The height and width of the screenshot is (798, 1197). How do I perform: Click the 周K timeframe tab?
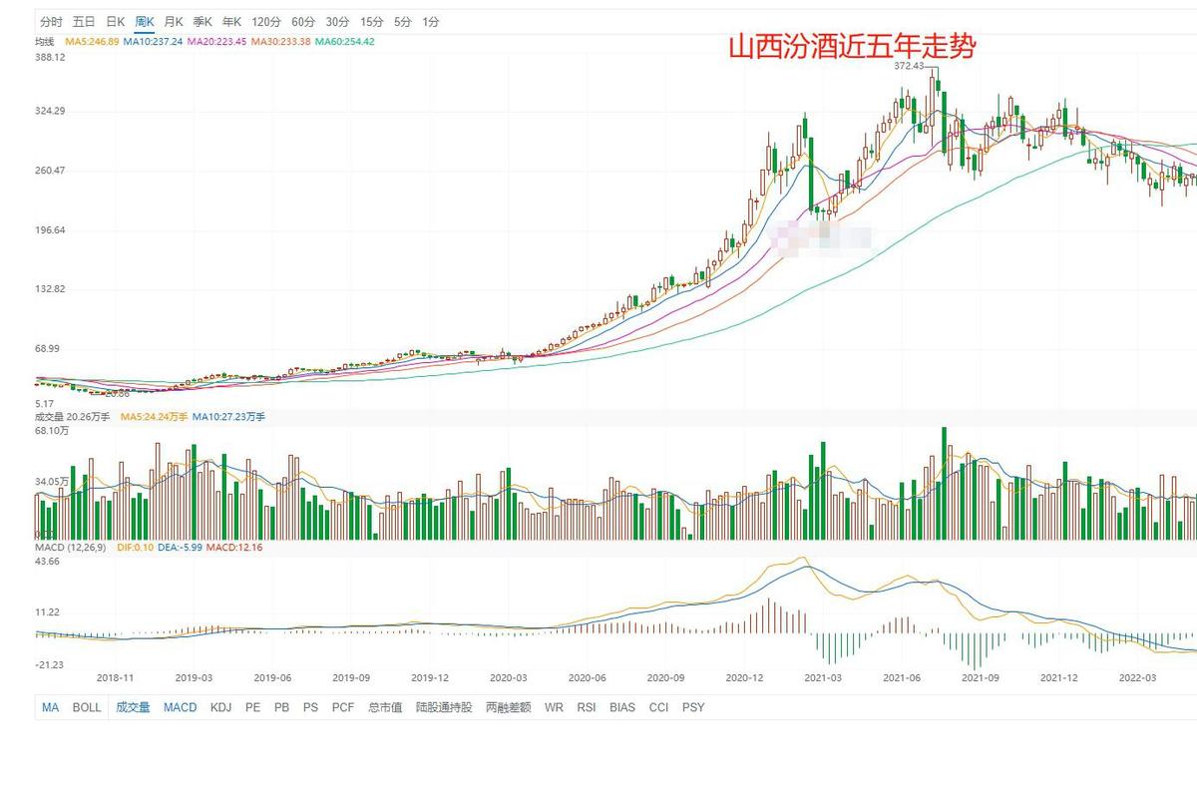pyautogui.click(x=145, y=21)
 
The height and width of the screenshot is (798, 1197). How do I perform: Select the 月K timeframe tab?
pyautogui.click(x=174, y=21)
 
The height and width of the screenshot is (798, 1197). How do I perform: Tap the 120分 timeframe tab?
pyautogui.click(x=266, y=21)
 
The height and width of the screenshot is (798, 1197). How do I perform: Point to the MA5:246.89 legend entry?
pyautogui.click(x=92, y=42)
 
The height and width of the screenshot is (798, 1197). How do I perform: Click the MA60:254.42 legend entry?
pyautogui.click(x=345, y=42)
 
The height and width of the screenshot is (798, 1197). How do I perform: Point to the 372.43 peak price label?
pyautogui.click(x=909, y=66)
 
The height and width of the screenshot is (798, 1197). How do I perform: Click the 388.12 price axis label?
pyautogui.click(x=50, y=58)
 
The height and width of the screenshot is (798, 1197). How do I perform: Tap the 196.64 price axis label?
pyautogui.click(x=50, y=230)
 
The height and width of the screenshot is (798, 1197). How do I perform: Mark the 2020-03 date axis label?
pyautogui.click(x=508, y=677)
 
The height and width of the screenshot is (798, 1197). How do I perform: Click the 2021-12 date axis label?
pyautogui.click(x=1058, y=677)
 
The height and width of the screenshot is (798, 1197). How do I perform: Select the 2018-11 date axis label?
pyautogui.click(x=115, y=677)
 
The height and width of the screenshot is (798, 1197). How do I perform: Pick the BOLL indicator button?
pyautogui.click(x=87, y=707)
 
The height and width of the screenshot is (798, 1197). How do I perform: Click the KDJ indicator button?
pyautogui.click(x=220, y=707)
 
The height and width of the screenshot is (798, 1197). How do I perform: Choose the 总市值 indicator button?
pyautogui.click(x=385, y=707)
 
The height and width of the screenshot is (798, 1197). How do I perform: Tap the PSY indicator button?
pyautogui.click(x=692, y=707)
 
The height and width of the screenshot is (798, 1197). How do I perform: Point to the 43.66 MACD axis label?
pyautogui.click(x=48, y=562)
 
